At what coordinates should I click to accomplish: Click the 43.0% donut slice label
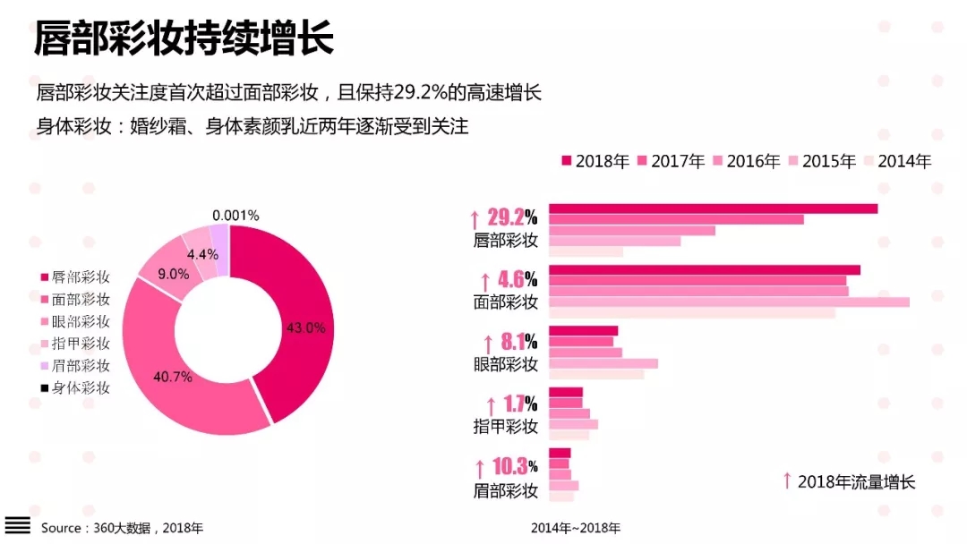pos(305,328)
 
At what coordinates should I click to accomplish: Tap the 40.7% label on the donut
pos(173,377)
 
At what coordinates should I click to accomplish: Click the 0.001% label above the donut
pos(235,216)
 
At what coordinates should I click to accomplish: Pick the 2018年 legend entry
pos(595,161)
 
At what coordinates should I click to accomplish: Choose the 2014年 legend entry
pos(897,161)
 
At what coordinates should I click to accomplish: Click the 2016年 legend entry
pos(746,161)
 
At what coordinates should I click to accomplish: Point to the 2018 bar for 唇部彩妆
pos(713,208)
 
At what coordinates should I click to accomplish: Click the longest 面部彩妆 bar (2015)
pos(729,302)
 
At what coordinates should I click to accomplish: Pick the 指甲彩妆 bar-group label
pos(506,427)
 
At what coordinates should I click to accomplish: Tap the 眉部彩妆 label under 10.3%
pos(506,490)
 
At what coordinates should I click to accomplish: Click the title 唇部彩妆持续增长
pos(184,40)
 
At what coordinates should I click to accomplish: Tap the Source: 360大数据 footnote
pos(122,528)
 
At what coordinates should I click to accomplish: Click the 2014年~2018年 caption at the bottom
pos(575,528)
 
